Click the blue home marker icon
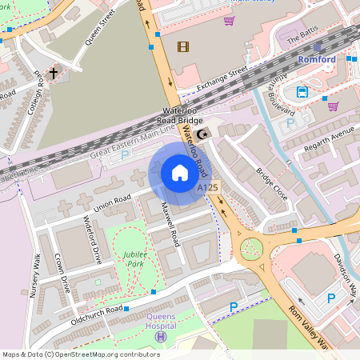point(180,173)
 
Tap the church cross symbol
point(54,74)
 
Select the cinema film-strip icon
point(185,46)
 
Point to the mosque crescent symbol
point(202,134)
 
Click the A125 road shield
point(208,187)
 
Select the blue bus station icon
point(302,91)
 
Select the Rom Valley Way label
point(310,328)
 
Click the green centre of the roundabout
point(250,249)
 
